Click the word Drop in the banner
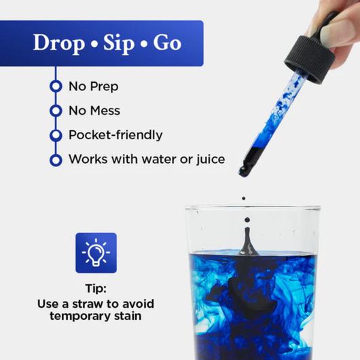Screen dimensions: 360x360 (60, 43)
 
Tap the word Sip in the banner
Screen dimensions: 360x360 (120, 43)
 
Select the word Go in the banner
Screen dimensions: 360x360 (166, 43)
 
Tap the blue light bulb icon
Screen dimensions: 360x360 (96, 253)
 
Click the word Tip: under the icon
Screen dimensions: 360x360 (96, 288)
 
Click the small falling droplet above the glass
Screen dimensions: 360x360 (243, 199)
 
